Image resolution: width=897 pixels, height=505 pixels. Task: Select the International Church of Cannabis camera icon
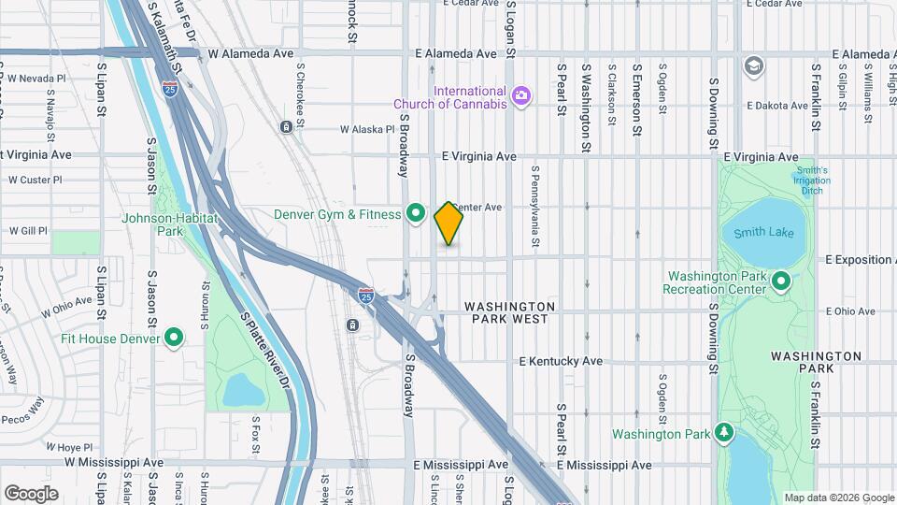520,94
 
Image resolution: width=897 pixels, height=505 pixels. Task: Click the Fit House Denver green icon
173,337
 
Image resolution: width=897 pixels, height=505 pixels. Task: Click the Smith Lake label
763,232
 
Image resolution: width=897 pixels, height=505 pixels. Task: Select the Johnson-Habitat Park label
169,224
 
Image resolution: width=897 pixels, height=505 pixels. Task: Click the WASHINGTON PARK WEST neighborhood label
510,312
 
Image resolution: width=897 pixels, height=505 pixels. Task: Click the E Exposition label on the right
861,259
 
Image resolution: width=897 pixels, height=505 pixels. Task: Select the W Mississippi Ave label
114,462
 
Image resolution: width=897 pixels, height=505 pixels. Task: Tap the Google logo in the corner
31,494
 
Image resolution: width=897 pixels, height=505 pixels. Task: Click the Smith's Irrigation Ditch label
810,180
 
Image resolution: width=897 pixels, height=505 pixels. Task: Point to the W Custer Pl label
35,180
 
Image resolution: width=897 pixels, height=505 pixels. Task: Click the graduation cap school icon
753,65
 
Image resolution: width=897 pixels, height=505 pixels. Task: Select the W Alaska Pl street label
367,130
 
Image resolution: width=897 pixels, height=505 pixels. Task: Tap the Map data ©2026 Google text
838,498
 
